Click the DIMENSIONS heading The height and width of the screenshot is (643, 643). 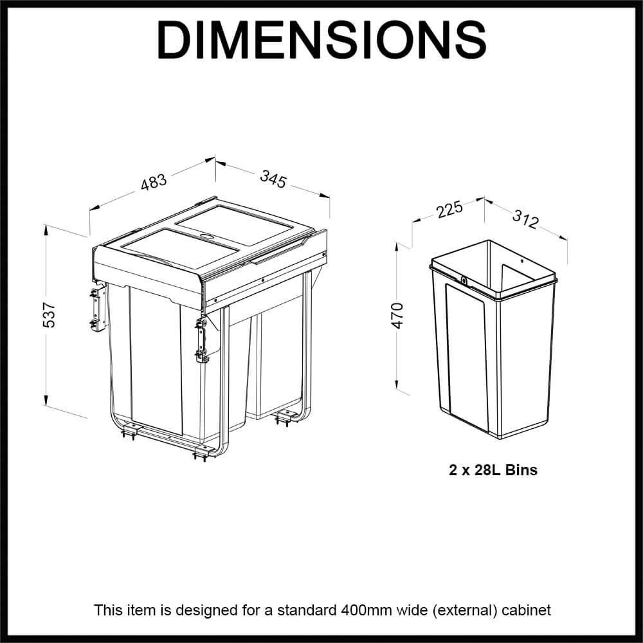(x=321, y=40)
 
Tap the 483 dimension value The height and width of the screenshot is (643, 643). (x=154, y=182)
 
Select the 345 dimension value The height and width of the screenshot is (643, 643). (x=273, y=178)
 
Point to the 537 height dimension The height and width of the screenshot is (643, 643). (x=50, y=314)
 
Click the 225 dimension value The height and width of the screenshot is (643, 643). (x=449, y=210)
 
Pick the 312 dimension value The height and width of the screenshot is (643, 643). (x=525, y=219)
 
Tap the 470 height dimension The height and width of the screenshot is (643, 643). (x=398, y=315)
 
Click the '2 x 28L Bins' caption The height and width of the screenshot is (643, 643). (x=493, y=470)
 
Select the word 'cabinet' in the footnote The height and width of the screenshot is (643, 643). (x=529, y=610)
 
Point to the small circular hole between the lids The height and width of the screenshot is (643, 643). (x=207, y=236)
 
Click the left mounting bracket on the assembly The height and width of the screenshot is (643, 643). (x=97, y=308)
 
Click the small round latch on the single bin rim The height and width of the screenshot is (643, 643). (x=464, y=280)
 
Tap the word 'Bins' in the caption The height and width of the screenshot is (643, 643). (x=521, y=470)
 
